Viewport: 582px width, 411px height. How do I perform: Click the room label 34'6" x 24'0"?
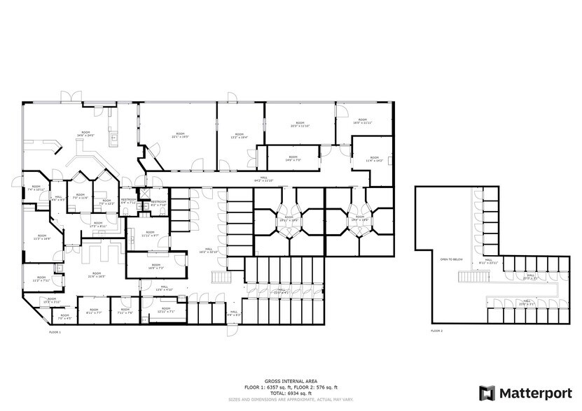click(x=85, y=134)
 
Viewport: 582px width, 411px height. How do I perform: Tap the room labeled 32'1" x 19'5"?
click(x=180, y=135)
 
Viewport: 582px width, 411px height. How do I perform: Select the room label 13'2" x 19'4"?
click(x=240, y=136)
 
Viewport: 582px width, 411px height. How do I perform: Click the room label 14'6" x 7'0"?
click(x=293, y=159)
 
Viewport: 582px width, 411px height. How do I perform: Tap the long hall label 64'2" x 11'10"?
click(x=265, y=180)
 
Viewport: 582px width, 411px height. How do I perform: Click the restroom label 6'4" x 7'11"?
click(x=128, y=201)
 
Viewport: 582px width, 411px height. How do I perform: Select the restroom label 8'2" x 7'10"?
click(x=159, y=203)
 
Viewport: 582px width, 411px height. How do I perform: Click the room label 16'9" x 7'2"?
click(x=155, y=266)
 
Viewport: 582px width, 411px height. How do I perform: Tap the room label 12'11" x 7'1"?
click(x=166, y=310)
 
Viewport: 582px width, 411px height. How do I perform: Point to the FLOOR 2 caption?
click(x=436, y=330)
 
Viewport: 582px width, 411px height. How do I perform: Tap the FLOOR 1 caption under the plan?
click(x=55, y=333)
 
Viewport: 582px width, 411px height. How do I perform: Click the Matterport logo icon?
click(x=487, y=393)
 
